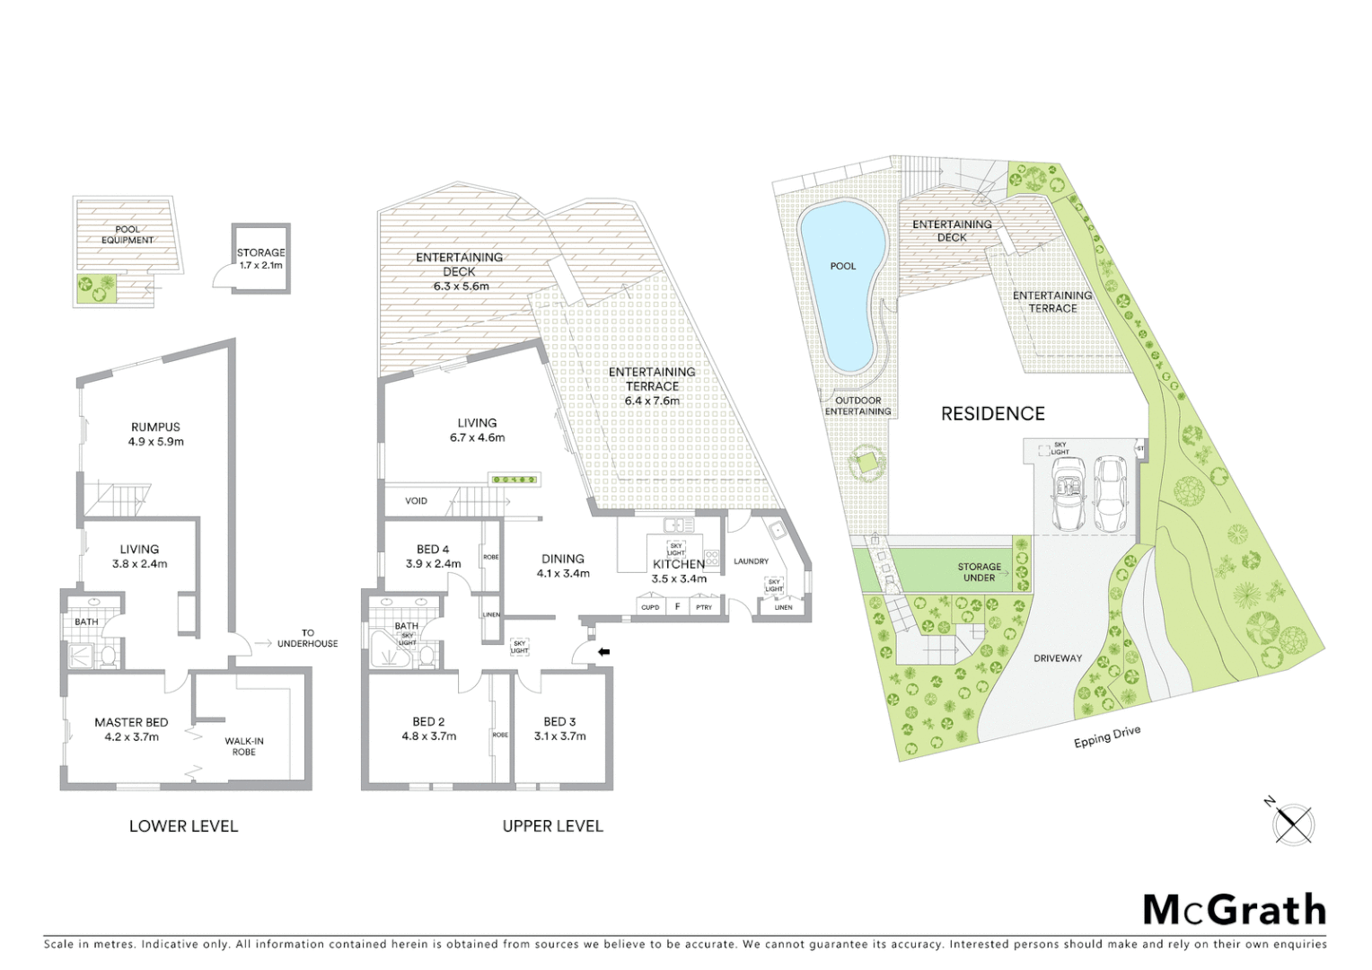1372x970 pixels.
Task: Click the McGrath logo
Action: [1235, 910]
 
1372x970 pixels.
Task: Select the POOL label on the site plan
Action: [842, 266]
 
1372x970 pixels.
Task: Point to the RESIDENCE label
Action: [992, 413]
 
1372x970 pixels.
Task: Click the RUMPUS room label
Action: [155, 428]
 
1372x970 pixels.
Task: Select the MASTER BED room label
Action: [131, 722]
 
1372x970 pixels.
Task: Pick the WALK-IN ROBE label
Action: [243, 746]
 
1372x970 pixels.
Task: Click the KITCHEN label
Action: [678, 564]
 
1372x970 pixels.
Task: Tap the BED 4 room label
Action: [433, 550]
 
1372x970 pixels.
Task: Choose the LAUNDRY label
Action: [751, 561]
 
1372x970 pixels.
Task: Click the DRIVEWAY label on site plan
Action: [1057, 658]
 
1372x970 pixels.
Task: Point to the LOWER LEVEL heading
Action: [183, 826]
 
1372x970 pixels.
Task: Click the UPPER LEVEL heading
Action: [552, 826]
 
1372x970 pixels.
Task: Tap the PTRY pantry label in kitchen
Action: [704, 608]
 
